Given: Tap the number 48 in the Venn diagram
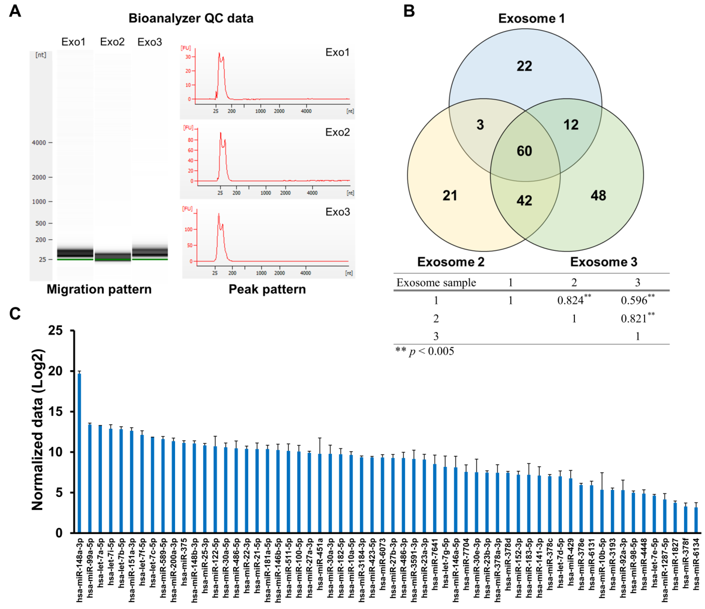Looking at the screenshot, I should click(598, 196).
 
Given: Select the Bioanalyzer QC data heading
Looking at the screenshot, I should click(191, 18).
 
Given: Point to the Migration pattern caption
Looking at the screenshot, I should click(99, 289).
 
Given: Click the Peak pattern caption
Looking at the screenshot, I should click(267, 289).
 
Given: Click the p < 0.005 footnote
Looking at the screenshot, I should click(425, 351).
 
